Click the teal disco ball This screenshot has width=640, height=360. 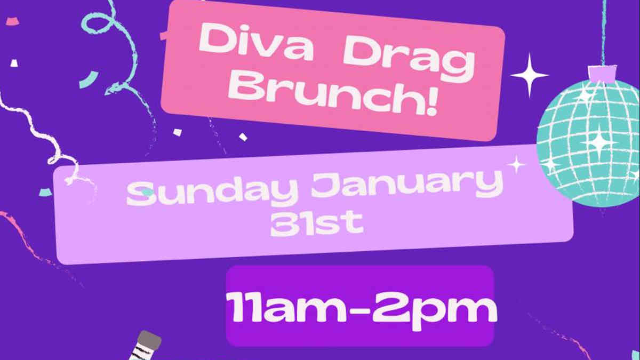pyautogui.click(x=589, y=143)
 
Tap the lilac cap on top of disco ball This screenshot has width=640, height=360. pyautogui.click(x=602, y=74)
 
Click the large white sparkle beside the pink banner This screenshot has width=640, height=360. pyautogui.click(x=530, y=75)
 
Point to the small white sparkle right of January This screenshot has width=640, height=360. pyautogui.click(x=516, y=165)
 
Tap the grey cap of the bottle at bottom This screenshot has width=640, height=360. pyautogui.click(x=149, y=340)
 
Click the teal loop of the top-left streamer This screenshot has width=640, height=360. pyautogui.click(x=97, y=22)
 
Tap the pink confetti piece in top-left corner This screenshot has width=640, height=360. pyautogui.click(x=13, y=21)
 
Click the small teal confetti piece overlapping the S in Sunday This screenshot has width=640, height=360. pyautogui.click(x=147, y=193)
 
